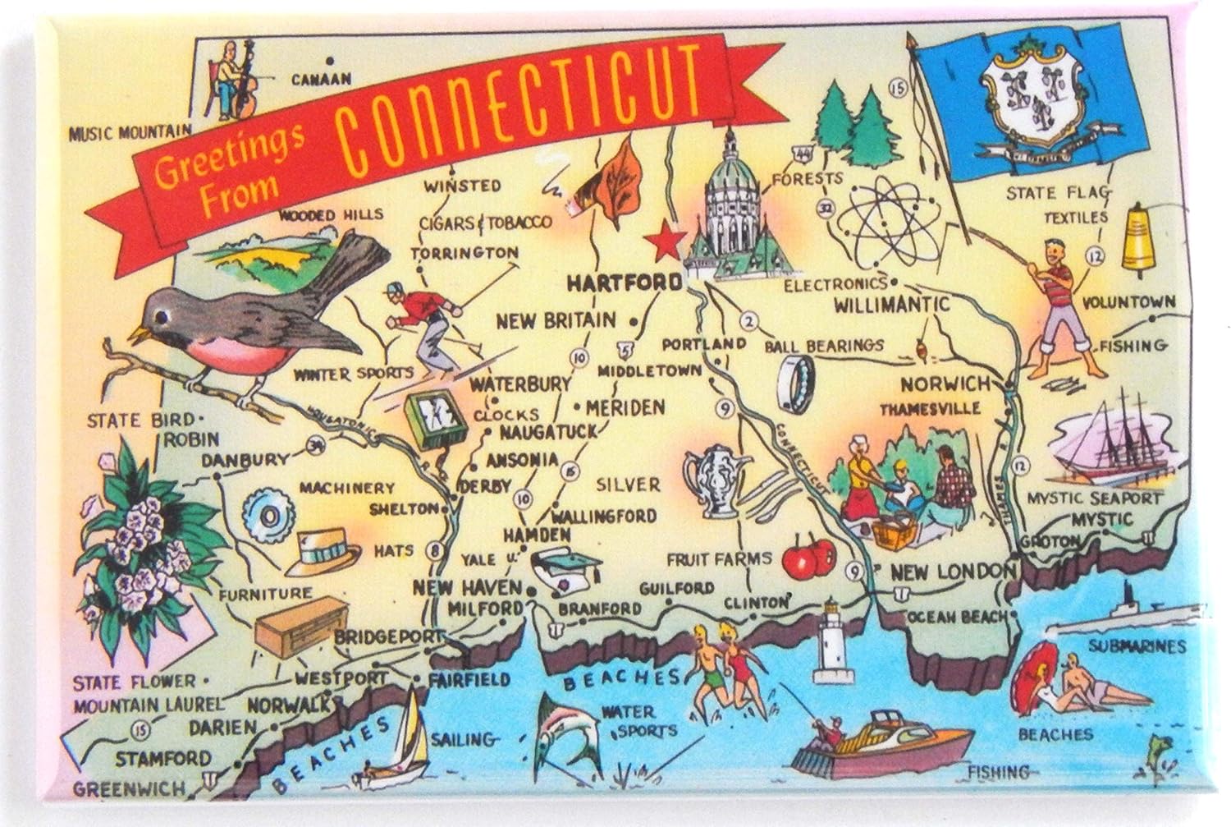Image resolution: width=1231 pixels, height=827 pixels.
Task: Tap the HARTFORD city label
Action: tap(625, 283)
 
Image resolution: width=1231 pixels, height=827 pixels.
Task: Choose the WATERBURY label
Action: tap(520, 384)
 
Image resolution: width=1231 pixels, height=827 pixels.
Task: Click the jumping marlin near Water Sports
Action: tap(565, 736)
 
